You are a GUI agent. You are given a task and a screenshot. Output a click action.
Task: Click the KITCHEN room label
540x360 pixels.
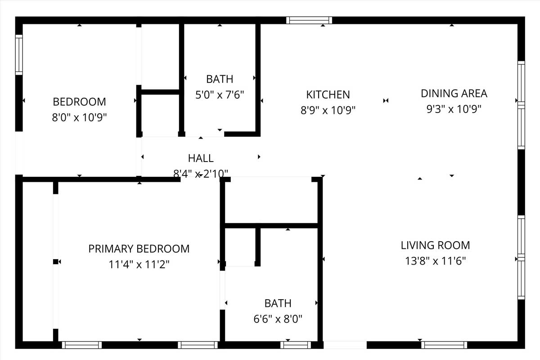tap(328, 94)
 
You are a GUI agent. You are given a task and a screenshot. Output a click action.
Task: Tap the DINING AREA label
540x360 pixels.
tap(454, 94)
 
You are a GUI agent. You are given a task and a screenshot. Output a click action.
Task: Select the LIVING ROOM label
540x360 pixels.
tap(436, 245)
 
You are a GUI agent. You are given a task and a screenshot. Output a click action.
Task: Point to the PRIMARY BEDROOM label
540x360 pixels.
tap(139, 249)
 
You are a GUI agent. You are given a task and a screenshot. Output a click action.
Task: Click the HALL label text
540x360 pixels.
tap(201, 158)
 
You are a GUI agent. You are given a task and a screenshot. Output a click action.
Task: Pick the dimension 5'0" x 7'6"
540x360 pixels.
tap(220, 95)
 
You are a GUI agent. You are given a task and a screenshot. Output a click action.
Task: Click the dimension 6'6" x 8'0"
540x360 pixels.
tap(278, 319)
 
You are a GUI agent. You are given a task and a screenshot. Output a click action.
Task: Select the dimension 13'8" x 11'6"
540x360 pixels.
tap(436, 261)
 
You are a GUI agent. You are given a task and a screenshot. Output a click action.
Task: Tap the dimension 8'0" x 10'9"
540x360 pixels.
tap(79, 117)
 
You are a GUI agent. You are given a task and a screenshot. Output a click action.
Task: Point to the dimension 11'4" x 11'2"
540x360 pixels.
tap(139, 264)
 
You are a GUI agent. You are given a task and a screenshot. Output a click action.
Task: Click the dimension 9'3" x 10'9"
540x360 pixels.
tap(454, 109)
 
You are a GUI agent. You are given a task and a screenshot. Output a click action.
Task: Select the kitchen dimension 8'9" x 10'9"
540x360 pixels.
tap(328, 110)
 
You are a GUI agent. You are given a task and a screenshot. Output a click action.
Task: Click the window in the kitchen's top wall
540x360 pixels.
tap(309, 20)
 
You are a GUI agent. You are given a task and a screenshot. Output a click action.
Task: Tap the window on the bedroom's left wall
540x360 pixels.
tap(19, 55)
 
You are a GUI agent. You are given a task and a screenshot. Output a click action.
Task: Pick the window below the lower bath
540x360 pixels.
tap(296, 345)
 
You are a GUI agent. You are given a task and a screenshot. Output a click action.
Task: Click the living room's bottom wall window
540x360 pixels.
tap(444, 345)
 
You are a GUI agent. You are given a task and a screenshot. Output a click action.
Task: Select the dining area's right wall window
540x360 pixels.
tap(521, 105)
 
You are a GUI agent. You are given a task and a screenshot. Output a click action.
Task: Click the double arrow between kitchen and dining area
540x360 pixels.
tap(386, 100)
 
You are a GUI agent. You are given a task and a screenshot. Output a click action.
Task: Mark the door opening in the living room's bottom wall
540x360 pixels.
tap(345, 345)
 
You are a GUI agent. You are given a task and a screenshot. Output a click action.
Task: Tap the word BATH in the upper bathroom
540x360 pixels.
tap(220, 79)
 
